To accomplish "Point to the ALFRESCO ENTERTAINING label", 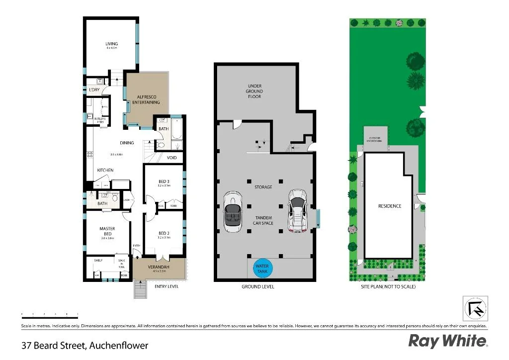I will tap(146, 99).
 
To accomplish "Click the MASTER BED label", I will tap(107, 231).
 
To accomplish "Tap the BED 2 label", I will tap(164, 233).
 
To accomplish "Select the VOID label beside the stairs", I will tap(172, 158).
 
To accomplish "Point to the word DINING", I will tap(127, 143).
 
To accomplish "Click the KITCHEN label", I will tap(105, 170).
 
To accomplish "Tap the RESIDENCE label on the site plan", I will tap(390, 206).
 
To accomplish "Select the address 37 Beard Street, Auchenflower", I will tap(85, 345).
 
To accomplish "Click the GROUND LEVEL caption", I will tap(257, 287).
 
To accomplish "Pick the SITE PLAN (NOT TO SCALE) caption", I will tap(388, 287).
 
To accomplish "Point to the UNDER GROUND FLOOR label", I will tap(254, 91).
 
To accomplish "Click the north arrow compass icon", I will tap(476, 308).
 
